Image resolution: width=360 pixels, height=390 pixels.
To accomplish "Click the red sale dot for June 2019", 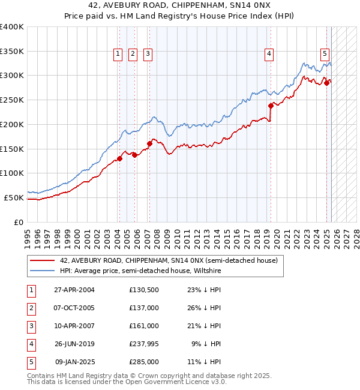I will (271, 106).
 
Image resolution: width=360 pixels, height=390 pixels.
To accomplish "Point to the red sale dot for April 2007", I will (149, 143).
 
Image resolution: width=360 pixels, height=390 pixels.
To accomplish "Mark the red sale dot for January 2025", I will (327, 83).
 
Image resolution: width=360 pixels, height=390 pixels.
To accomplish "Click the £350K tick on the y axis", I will (12, 52).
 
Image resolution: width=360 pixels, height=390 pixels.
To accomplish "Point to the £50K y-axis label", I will (14, 197).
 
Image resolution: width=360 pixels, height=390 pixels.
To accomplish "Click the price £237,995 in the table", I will (143, 344).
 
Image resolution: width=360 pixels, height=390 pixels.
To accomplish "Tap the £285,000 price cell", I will (143, 362).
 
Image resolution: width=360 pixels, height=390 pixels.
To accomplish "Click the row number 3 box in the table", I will (30, 326).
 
